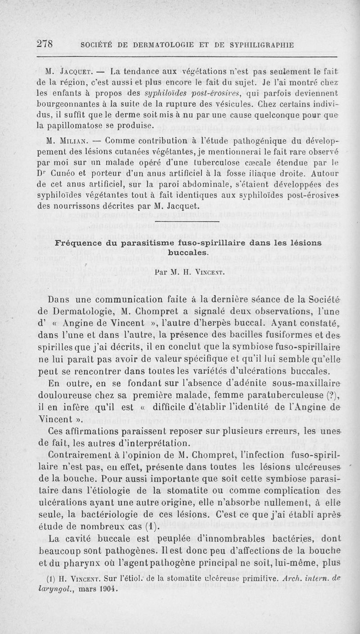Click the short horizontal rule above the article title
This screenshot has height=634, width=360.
(186, 222)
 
